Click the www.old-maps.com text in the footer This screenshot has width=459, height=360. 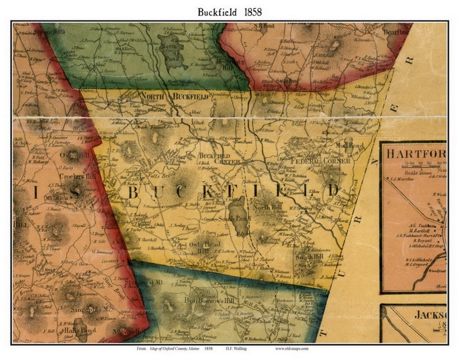pos(295,349)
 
